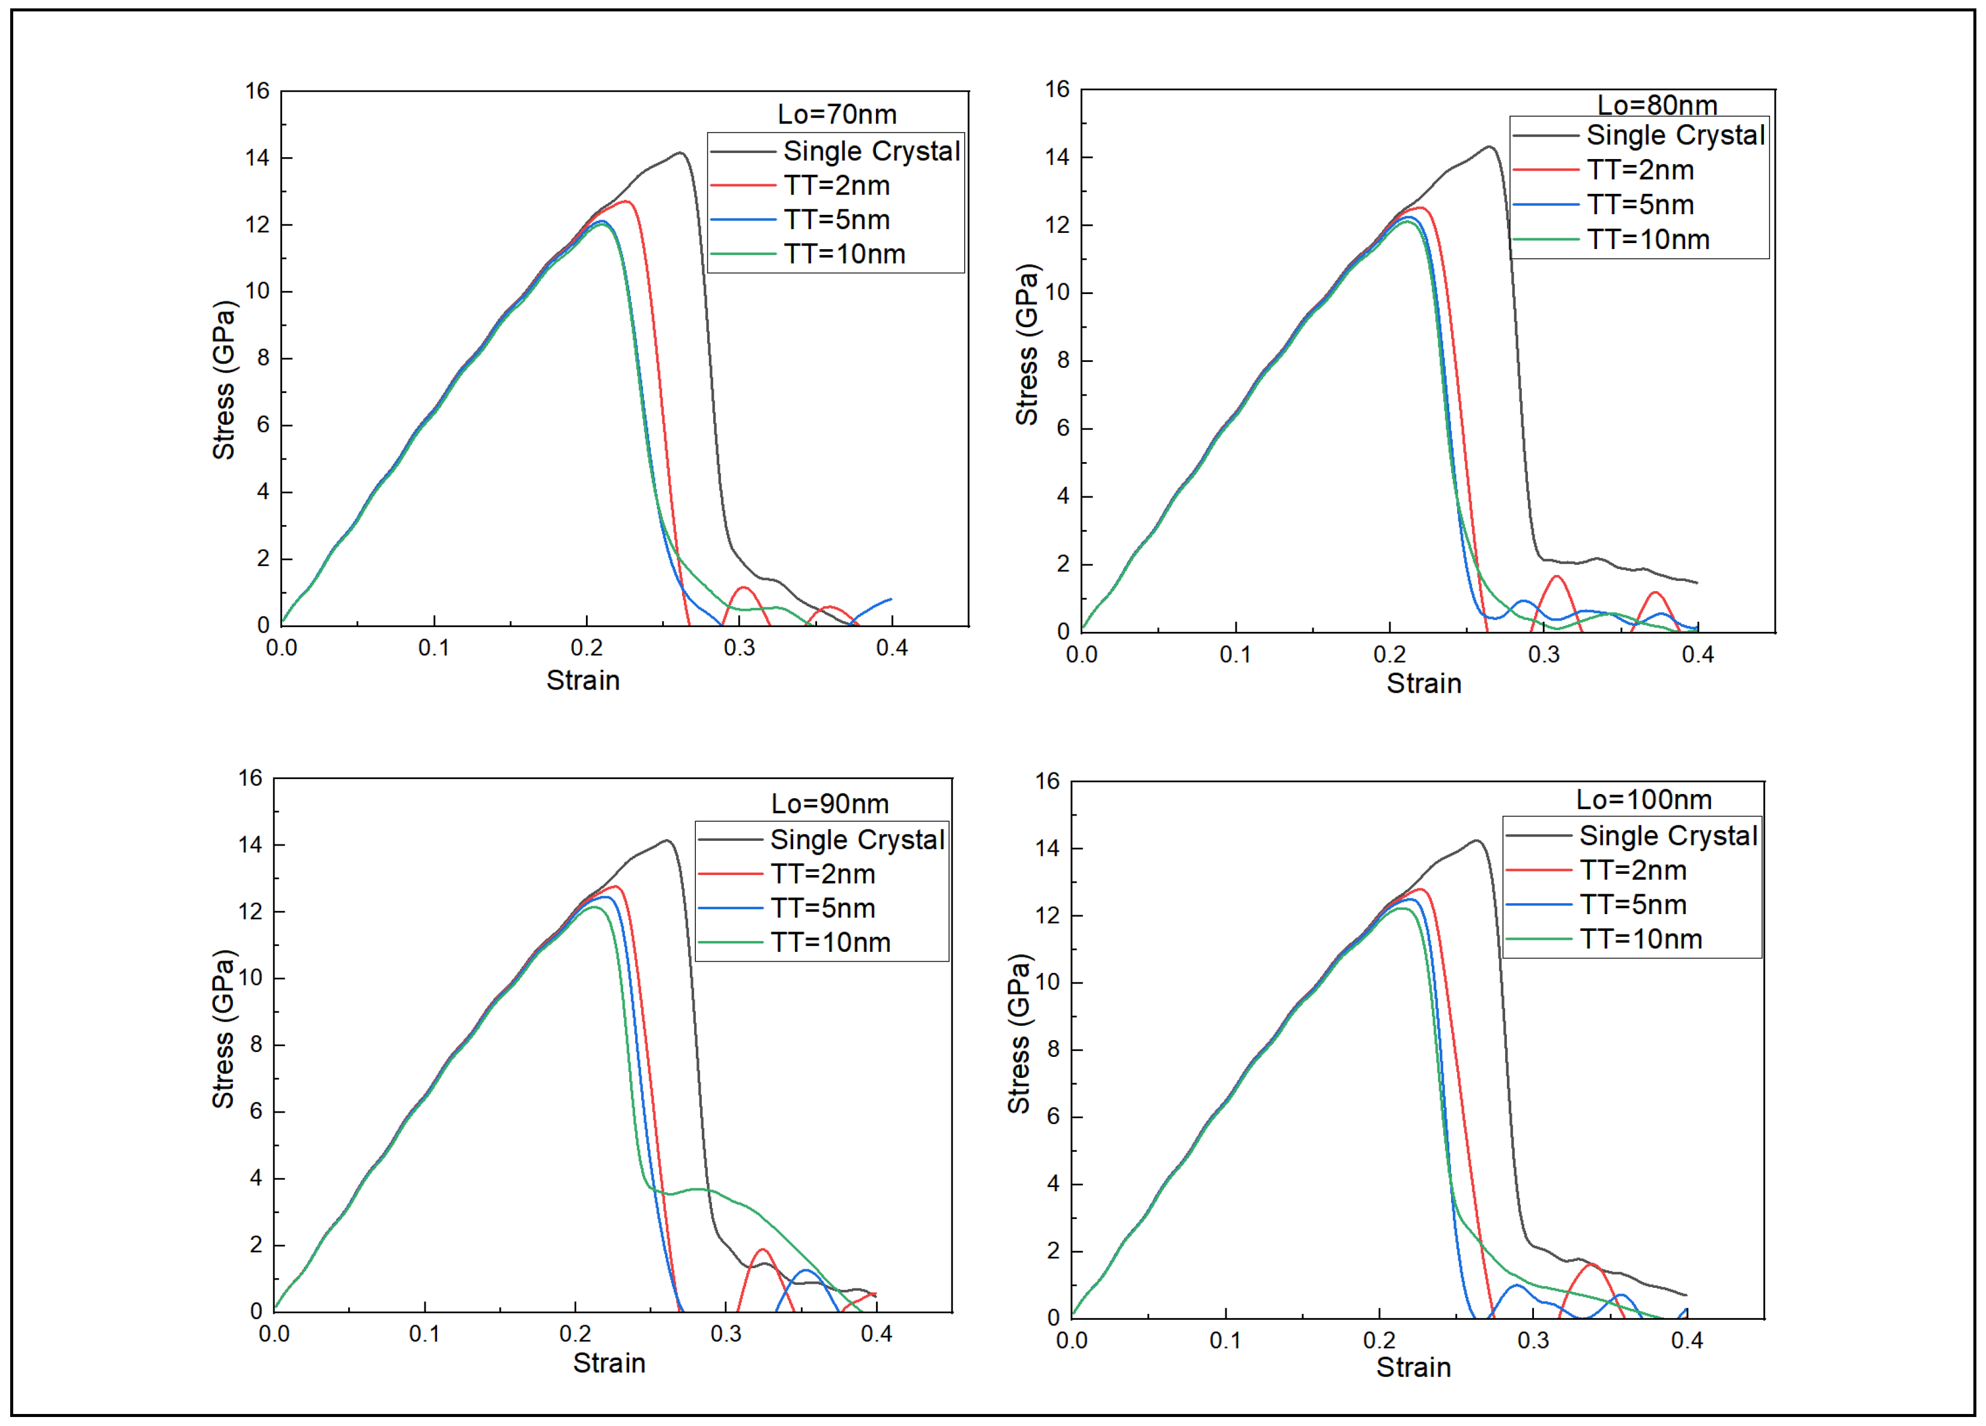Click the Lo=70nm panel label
click(836, 115)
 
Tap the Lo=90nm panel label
click(829, 804)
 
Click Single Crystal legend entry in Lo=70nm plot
click(871, 151)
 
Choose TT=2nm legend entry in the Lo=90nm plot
click(822, 874)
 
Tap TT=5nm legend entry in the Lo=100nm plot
click(1632, 904)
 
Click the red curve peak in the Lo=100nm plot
click(1419, 889)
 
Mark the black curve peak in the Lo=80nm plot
click(1489, 147)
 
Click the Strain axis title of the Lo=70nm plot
click(582, 680)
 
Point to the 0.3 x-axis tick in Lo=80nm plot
click(1544, 654)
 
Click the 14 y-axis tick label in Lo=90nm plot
click(250, 845)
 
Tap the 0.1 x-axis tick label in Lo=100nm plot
click(1225, 1340)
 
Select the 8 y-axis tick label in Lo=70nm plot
click(263, 358)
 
